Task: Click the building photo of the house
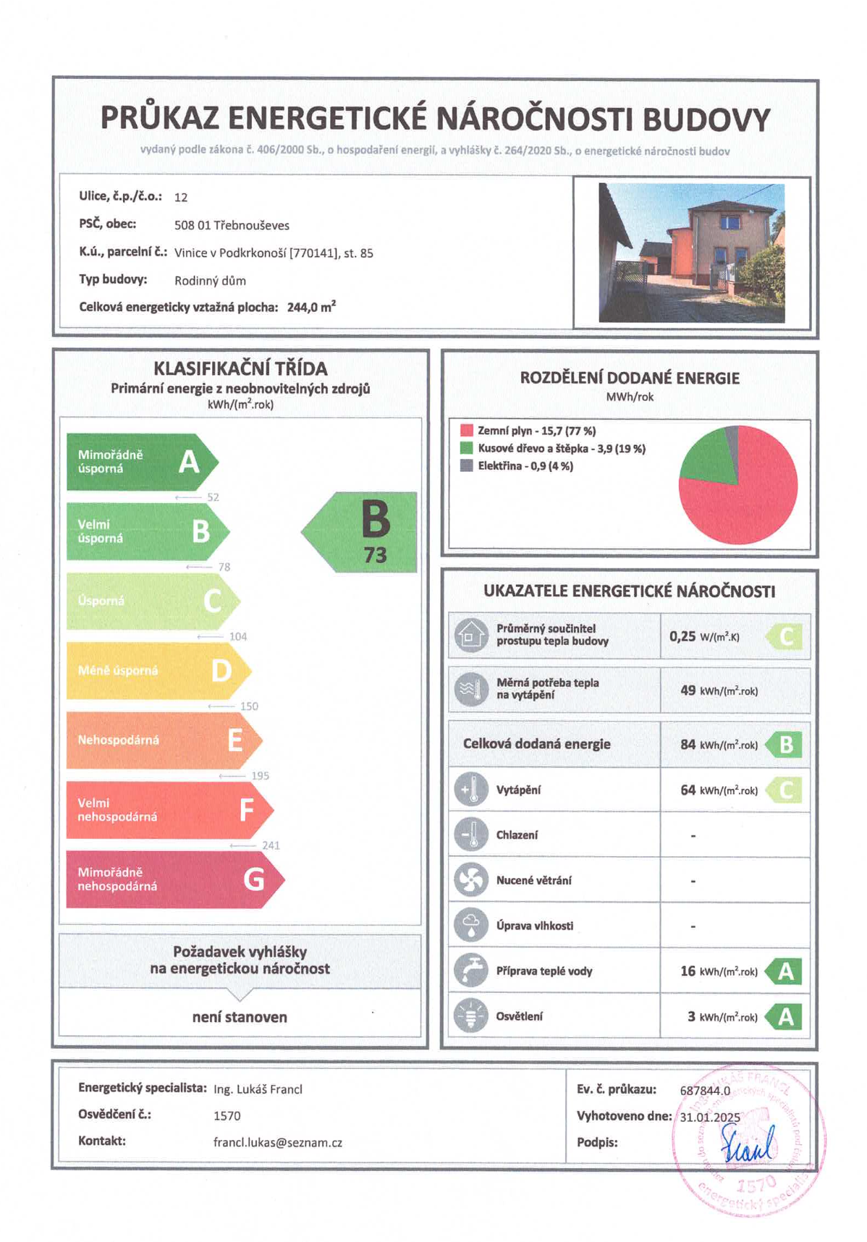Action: pyautogui.click(x=691, y=253)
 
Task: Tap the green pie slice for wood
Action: pyautogui.click(x=708, y=456)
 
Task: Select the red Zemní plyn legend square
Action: pyautogui.click(x=467, y=431)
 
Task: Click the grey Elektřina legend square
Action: pyautogui.click(x=467, y=465)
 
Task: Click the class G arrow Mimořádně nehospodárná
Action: pyautogui.click(x=174, y=879)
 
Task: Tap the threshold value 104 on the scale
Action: pyautogui.click(x=238, y=637)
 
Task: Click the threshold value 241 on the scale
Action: pyautogui.click(x=271, y=845)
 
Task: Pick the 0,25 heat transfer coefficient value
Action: pyautogui.click(x=682, y=637)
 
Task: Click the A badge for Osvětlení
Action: pyautogui.click(x=784, y=1017)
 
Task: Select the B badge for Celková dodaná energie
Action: pyautogui.click(x=784, y=744)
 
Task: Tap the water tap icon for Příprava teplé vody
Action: pyautogui.click(x=471, y=971)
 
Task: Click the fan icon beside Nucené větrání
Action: pyautogui.click(x=471, y=880)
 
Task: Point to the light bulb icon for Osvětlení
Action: pyautogui.click(x=471, y=1016)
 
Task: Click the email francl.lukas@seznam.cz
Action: pyautogui.click(x=278, y=1143)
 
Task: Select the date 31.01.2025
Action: pyautogui.click(x=710, y=1117)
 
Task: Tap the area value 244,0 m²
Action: pyautogui.click(x=311, y=307)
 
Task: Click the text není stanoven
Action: pyautogui.click(x=240, y=1017)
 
